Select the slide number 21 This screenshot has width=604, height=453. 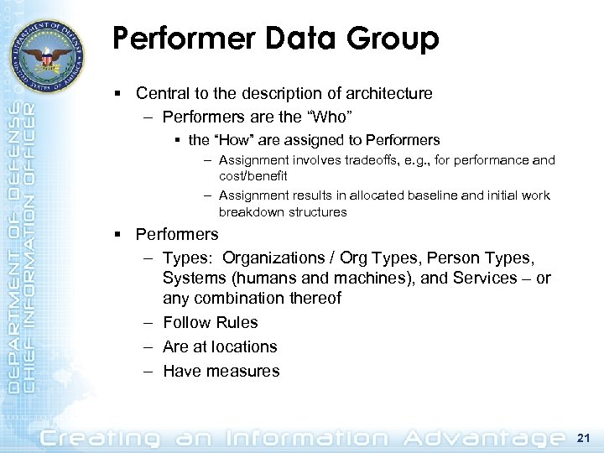point(585,438)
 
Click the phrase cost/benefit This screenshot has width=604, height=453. point(253,176)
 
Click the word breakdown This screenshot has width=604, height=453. point(248,212)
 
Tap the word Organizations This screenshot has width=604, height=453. point(273,258)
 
